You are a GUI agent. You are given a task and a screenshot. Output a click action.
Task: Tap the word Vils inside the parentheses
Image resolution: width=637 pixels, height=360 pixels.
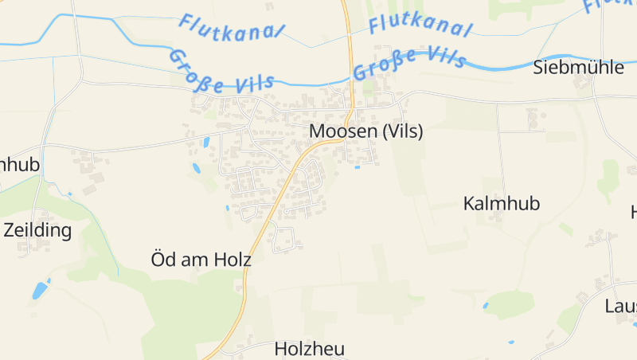404,131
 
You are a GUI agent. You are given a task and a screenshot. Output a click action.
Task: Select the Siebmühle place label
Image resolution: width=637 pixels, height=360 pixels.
578,67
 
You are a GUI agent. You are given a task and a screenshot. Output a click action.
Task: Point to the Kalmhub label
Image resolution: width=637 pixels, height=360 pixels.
501,204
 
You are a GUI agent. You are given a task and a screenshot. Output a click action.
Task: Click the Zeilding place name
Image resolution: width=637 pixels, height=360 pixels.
37,231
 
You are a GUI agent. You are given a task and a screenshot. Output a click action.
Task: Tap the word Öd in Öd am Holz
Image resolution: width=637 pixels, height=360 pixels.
162,259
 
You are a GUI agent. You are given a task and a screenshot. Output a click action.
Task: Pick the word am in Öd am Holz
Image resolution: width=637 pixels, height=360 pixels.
197,260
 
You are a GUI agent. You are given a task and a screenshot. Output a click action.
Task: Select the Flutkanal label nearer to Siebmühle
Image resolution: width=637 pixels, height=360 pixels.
420,26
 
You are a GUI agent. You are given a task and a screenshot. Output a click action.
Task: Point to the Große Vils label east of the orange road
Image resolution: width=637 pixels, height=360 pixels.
406,63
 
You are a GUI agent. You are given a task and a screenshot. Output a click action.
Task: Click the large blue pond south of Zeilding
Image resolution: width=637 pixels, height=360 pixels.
40,290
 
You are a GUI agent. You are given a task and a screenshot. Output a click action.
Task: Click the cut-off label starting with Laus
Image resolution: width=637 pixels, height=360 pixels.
620,307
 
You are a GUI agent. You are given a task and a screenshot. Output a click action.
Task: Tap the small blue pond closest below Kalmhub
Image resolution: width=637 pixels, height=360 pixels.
486,305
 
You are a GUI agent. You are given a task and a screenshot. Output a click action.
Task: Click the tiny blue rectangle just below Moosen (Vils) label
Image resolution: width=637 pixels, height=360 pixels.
357,167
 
